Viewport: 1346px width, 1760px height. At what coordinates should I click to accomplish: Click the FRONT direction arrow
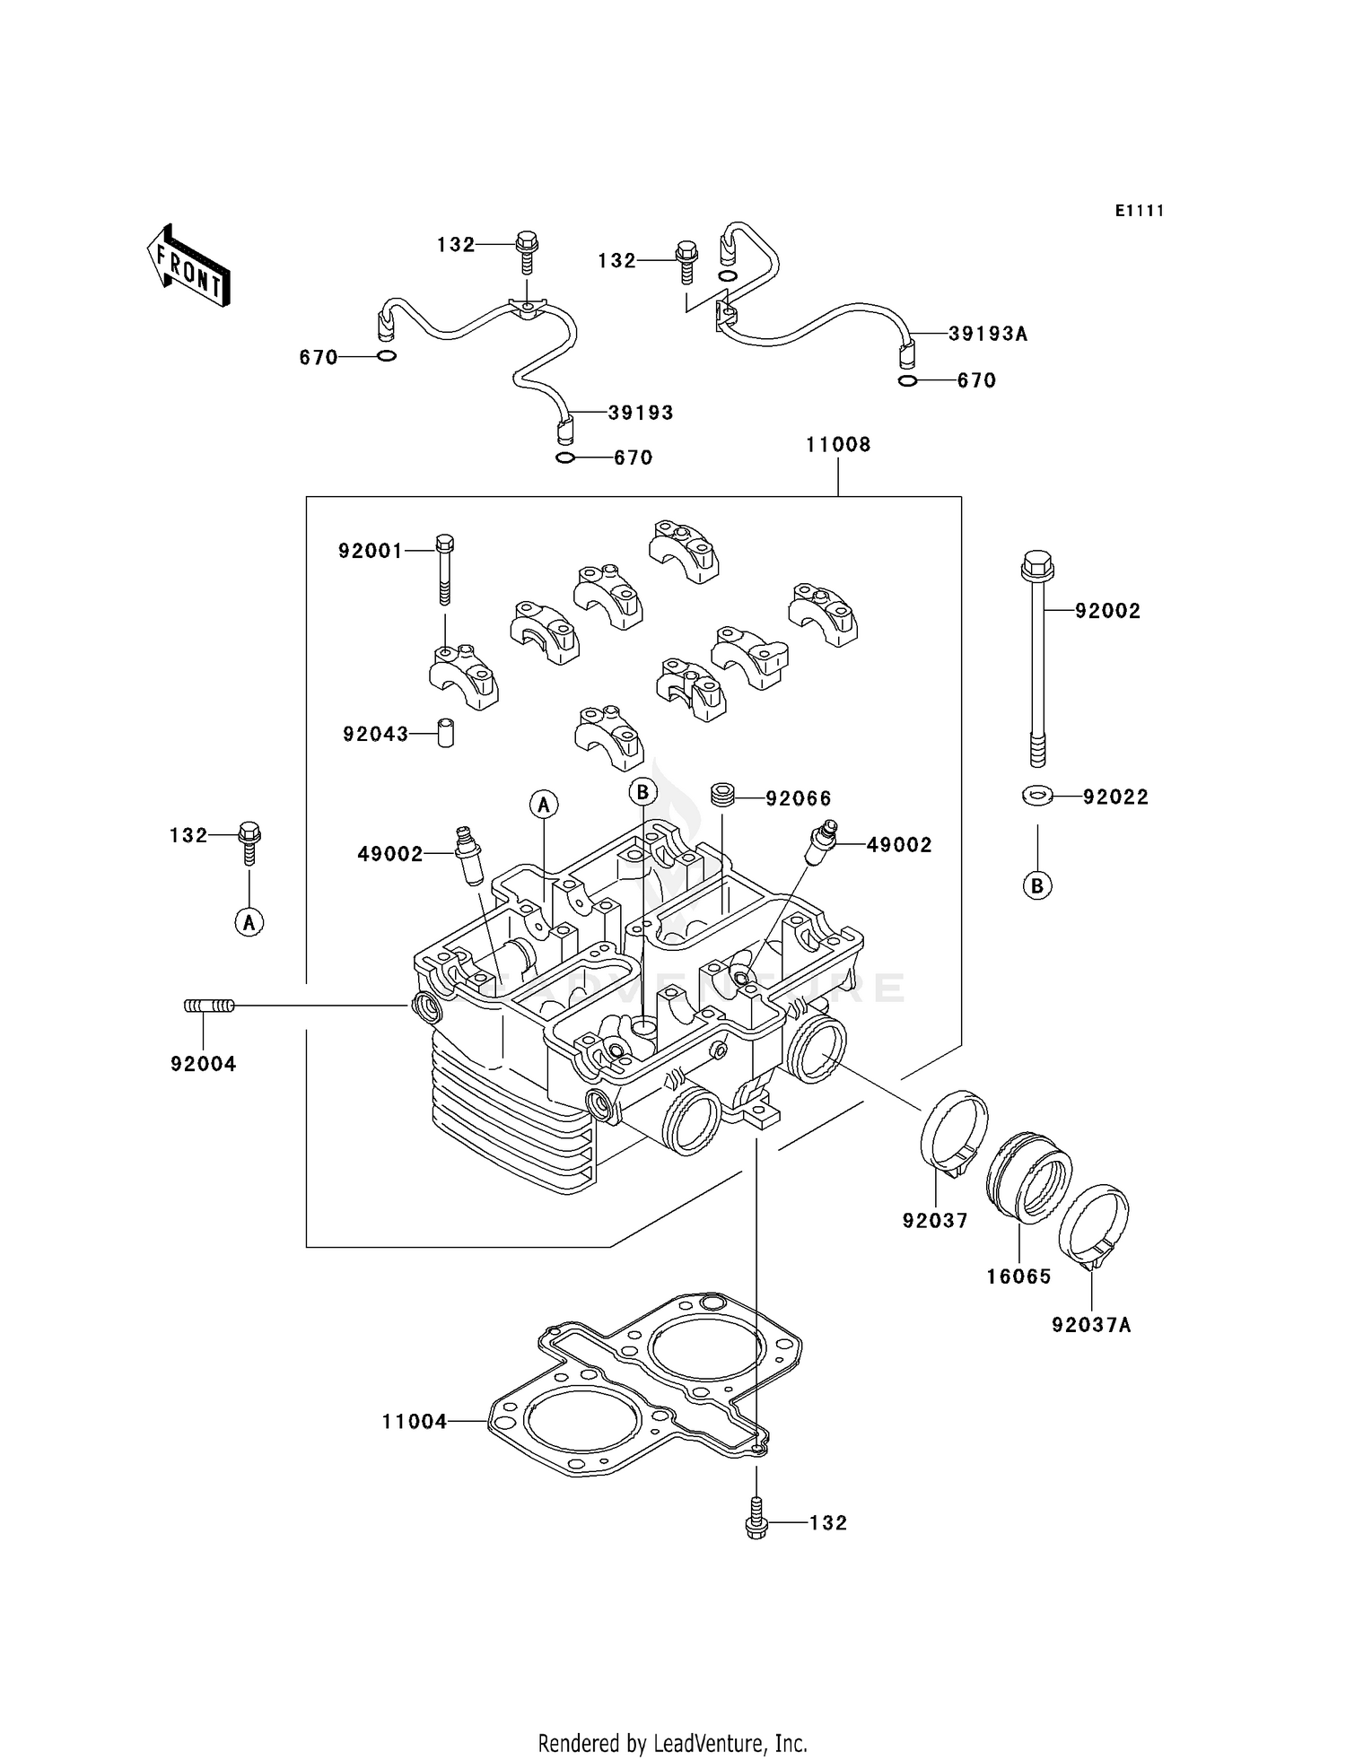coord(188,266)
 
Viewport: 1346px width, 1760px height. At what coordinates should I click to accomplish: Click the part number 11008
coord(837,445)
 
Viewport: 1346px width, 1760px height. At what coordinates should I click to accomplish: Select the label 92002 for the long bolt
coord(1107,611)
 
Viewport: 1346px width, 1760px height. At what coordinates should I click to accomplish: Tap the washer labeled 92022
coord(1037,795)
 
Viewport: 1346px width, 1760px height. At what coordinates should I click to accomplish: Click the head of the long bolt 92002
coord(1037,565)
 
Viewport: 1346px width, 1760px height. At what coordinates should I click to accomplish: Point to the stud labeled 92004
coord(209,1006)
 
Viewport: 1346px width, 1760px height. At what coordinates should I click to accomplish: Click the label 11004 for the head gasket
coord(414,1422)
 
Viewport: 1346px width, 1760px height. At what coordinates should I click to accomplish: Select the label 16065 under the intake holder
coord(1018,1276)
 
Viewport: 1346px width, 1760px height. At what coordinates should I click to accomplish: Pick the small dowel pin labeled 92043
coord(445,732)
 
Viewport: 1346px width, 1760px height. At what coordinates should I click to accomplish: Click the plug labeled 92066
coord(723,795)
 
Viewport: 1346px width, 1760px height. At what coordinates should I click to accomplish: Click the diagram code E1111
coord(1140,211)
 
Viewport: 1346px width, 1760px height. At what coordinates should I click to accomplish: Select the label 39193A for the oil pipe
coord(987,335)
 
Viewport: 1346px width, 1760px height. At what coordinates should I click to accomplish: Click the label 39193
coord(640,413)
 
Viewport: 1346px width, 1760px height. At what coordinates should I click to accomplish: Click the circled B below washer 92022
coord(1037,886)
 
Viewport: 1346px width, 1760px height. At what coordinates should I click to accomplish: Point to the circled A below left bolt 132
coord(249,921)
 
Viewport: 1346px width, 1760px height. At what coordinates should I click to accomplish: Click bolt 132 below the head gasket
coord(756,1522)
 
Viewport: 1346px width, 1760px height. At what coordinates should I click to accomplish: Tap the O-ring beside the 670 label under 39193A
coord(907,381)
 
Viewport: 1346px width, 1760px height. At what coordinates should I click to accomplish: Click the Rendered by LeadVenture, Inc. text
coord(672,1744)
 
